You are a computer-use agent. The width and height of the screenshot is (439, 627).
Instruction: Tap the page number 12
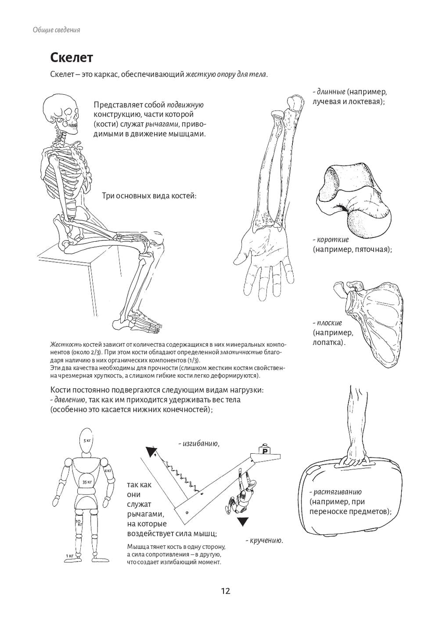click(x=225, y=591)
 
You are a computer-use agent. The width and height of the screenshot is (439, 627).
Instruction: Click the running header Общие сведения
click(x=56, y=30)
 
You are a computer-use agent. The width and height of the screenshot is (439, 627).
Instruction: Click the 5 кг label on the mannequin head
click(x=87, y=440)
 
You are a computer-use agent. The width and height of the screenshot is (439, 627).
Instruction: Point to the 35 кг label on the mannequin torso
click(x=86, y=482)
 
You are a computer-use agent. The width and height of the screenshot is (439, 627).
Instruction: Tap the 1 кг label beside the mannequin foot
click(x=69, y=556)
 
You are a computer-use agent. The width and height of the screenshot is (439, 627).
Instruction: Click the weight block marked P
click(x=265, y=450)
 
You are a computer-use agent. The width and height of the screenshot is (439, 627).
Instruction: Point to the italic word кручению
click(x=266, y=540)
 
